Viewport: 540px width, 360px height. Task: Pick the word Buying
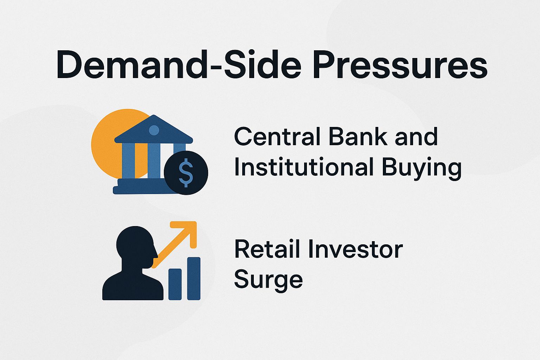click(x=422, y=168)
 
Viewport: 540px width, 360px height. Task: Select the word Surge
click(x=268, y=281)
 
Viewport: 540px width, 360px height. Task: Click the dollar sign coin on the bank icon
click(x=186, y=173)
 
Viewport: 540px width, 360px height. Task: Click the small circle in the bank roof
click(x=154, y=130)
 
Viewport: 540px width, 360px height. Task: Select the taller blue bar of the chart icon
click(x=194, y=278)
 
